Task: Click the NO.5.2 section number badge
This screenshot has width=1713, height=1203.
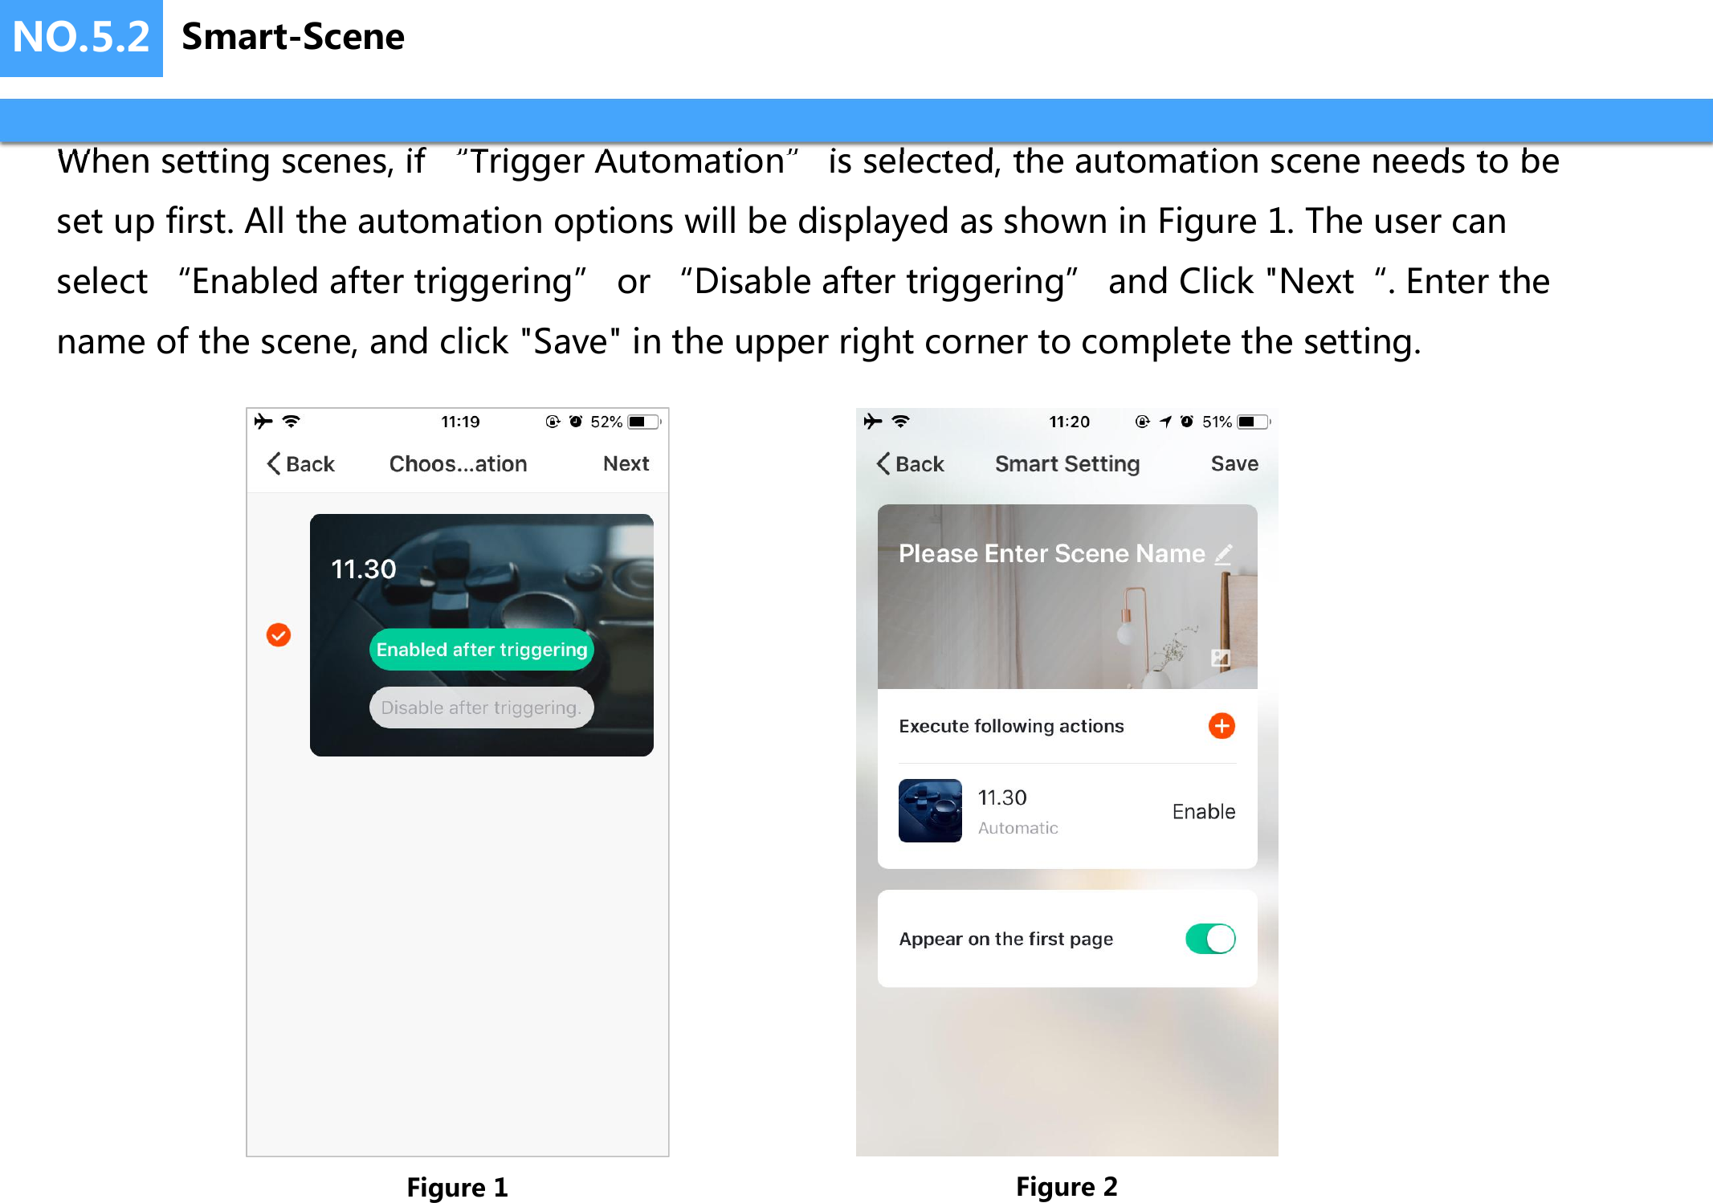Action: tap(81, 38)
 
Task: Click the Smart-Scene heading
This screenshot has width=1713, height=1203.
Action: tap(293, 37)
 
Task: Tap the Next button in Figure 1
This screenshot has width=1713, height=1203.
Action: tap(626, 463)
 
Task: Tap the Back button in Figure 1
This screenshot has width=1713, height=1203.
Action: tap(301, 463)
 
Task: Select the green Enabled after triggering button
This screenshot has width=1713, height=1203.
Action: tap(481, 650)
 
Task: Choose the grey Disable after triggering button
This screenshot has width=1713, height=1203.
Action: tap(481, 708)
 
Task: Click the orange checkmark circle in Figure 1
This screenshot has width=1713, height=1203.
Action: tap(279, 635)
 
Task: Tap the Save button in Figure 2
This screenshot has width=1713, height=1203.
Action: tap(1234, 463)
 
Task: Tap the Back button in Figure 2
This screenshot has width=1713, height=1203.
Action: tap(911, 463)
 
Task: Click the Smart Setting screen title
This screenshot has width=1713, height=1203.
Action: tap(1067, 463)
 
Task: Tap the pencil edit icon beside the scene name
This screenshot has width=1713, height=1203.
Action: tap(1223, 553)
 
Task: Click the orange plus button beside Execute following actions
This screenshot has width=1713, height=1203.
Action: tap(1222, 726)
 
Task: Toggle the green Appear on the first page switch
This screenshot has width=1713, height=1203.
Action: tap(1210, 939)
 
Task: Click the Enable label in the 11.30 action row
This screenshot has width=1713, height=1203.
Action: tap(1203, 811)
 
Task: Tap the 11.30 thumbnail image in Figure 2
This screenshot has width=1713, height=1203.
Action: tap(930, 810)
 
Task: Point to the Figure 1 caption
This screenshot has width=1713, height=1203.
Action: tap(457, 1187)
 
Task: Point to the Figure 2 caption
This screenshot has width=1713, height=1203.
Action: tap(1067, 1186)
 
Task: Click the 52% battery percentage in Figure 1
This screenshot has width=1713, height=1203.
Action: tap(606, 422)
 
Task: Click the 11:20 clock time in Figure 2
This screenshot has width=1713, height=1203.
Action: tap(1069, 422)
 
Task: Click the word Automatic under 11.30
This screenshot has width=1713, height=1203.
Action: tap(1018, 828)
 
